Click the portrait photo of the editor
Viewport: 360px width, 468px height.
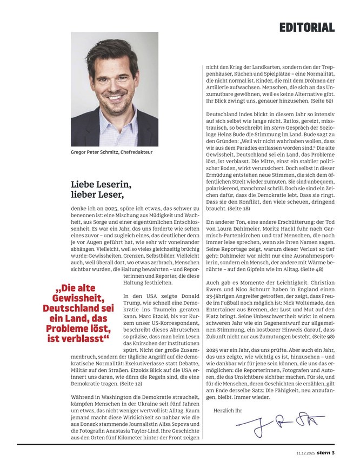click(107, 89)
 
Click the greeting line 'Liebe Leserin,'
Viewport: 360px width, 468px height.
click(101, 184)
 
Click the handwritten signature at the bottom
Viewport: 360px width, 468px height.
click(283, 426)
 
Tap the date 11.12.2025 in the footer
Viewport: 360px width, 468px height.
click(305, 452)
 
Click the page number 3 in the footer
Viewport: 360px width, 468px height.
click(334, 452)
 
